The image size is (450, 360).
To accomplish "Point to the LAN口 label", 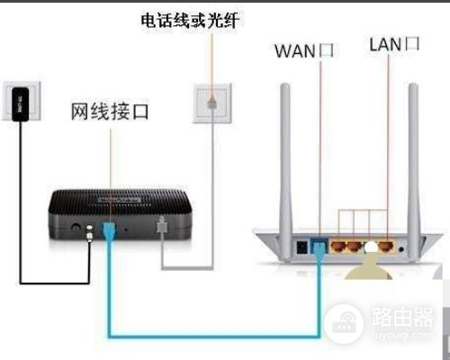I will coord(394,44).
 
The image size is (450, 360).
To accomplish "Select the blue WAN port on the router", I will coord(319,245).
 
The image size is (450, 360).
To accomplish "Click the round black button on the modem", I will coord(75,229).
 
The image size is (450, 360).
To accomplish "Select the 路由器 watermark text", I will coord(397,317).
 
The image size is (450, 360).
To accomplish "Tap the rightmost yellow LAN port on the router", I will coord(384,245).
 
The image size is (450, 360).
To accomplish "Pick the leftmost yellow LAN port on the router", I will coord(338,245).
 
